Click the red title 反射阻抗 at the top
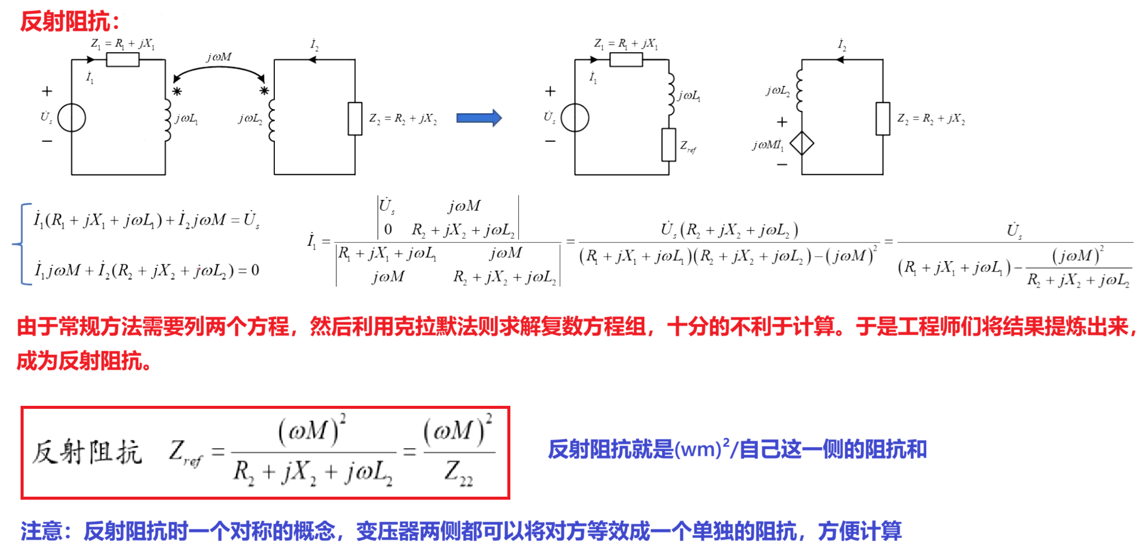(x=65, y=22)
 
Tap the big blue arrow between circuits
(x=479, y=118)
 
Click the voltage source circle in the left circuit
(x=71, y=118)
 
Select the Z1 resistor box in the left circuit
(x=122, y=59)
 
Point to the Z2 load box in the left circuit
(x=355, y=118)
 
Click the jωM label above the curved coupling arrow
(x=219, y=56)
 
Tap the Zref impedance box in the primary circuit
(x=668, y=144)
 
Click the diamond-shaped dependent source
(x=802, y=144)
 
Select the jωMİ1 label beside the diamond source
(x=768, y=145)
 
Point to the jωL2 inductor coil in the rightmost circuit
(x=800, y=90)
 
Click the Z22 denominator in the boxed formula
(x=458, y=471)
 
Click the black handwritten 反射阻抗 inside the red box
(x=87, y=452)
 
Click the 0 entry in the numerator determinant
(x=388, y=230)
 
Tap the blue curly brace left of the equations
(x=20, y=244)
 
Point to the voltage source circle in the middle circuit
(x=575, y=118)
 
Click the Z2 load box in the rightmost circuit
(x=883, y=118)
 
